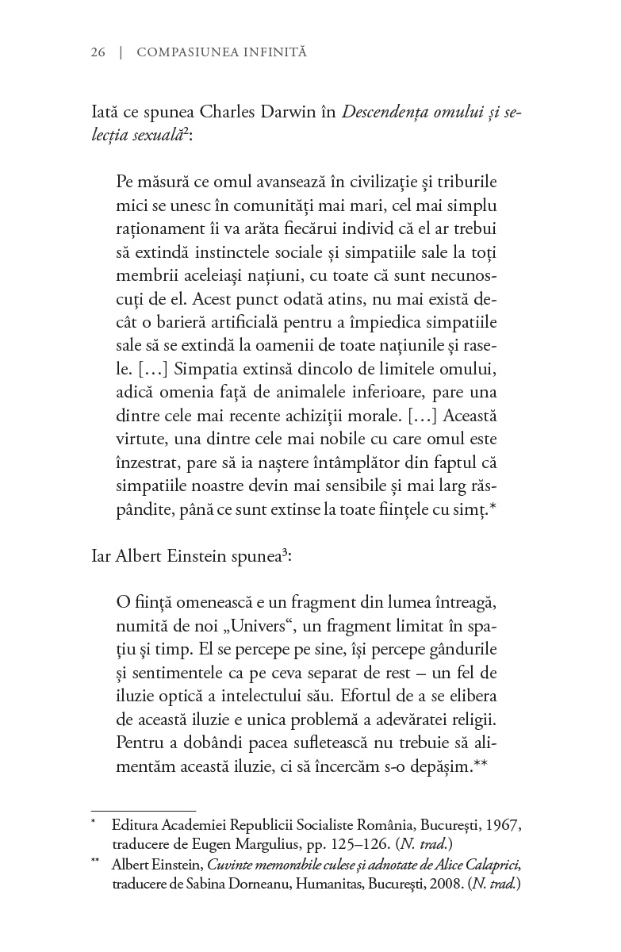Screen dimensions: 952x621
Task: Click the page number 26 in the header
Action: click(98, 52)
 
